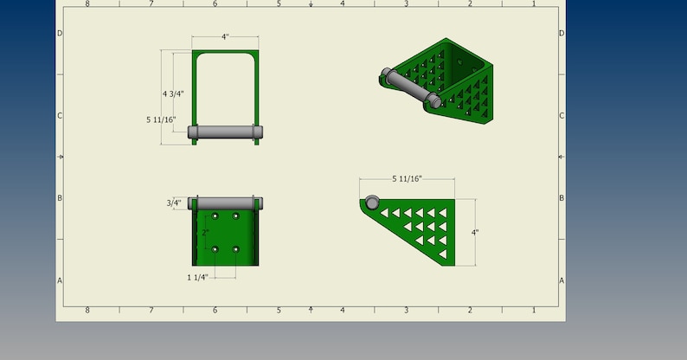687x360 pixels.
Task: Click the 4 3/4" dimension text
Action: [173, 93]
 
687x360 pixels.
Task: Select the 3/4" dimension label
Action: [174, 203]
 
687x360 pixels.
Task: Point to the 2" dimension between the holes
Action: [205, 233]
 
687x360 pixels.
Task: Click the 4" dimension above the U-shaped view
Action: [225, 37]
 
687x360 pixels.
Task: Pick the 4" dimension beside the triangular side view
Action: [475, 233]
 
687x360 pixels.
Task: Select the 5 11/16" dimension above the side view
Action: [407, 179]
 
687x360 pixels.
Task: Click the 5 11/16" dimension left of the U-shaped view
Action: [161, 119]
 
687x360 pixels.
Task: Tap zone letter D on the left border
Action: [60, 33]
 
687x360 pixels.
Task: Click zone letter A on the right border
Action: [562, 280]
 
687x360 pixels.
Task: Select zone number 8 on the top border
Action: [87, 3]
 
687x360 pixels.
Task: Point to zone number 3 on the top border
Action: [406, 3]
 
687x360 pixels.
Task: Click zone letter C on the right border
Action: [562, 115]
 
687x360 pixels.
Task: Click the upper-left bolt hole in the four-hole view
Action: [215, 215]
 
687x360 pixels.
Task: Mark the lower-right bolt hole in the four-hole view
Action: [235, 249]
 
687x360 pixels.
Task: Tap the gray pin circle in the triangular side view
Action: [372, 202]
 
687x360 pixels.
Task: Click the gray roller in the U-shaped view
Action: [225, 132]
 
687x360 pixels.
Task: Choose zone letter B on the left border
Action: [60, 198]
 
